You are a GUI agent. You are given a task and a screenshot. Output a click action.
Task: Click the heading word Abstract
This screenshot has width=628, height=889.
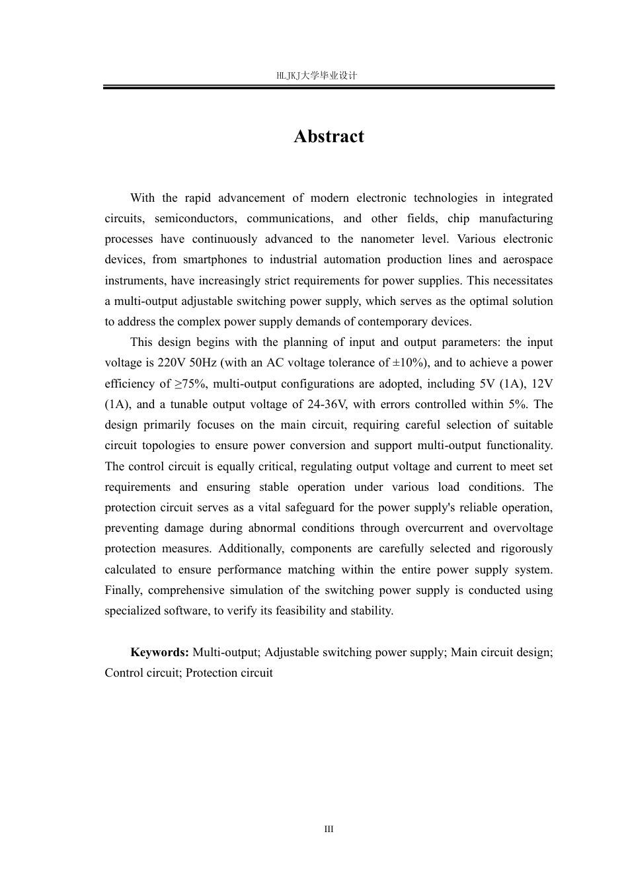(x=329, y=136)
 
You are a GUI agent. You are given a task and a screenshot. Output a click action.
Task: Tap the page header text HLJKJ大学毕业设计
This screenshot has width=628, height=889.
(x=317, y=76)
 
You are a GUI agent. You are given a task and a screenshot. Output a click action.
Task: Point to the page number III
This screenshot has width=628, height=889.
(x=329, y=829)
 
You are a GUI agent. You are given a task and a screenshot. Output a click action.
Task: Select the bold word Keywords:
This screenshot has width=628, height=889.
(x=160, y=652)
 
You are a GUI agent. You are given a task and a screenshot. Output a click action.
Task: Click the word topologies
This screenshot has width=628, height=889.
(x=167, y=445)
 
